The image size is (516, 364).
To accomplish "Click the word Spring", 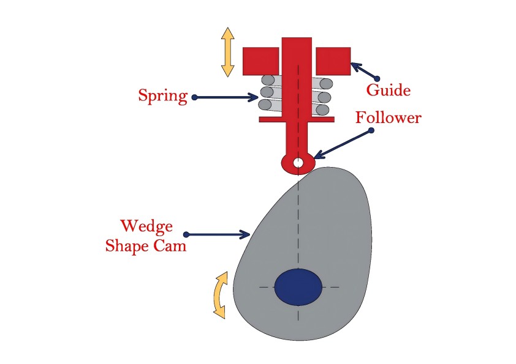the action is (163, 96).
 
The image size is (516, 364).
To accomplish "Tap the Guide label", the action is (389, 90).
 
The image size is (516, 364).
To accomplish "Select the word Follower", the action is (389, 117).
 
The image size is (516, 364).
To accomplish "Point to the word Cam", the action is (170, 246).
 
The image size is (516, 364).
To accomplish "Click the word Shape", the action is (128, 247).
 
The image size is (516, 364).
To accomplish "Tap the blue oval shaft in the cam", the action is (298, 287).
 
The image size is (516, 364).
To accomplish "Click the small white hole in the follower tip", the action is (298, 162).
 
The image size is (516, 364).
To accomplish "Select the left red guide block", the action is (261, 61).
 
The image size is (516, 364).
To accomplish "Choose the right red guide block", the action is (333, 61).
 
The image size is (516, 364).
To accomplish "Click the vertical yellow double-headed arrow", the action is (228, 52).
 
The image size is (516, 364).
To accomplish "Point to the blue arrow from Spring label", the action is (226, 97).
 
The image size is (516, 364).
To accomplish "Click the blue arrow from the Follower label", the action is (343, 144).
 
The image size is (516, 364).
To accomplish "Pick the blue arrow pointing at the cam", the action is (217, 234).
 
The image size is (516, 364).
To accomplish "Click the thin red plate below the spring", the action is (297, 119).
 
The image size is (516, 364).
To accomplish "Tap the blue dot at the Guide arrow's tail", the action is (377, 78).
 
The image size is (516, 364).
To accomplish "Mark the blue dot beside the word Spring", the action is (194, 97).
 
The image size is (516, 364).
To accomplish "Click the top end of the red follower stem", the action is (297, 38).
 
